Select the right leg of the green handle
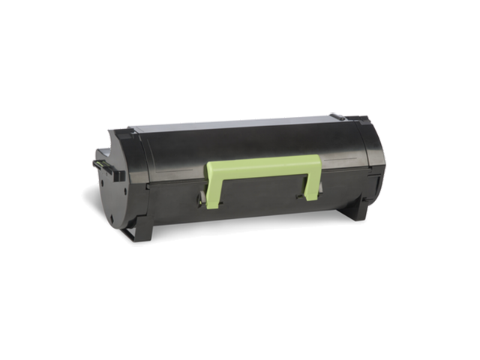click(x=310, y=183)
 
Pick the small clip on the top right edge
click(x=337, y=117)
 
